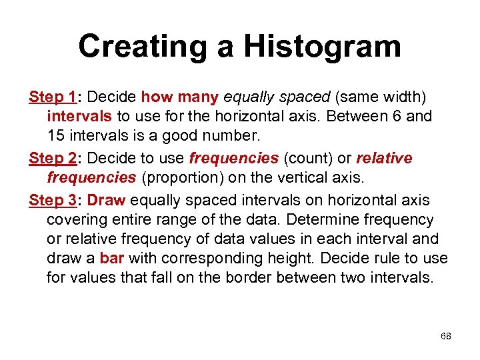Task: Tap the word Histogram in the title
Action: click(x=322, y=47)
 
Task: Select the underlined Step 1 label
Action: click(x=52, y=97)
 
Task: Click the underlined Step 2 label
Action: click(x=52, y=158)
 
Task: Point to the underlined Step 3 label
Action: click(x=52, y=200)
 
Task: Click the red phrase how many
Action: click(x=180, y=97)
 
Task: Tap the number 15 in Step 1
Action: click(x=55, y=135)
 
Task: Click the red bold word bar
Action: click(x=112, y=258)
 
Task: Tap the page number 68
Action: click(x=446, y=336)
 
